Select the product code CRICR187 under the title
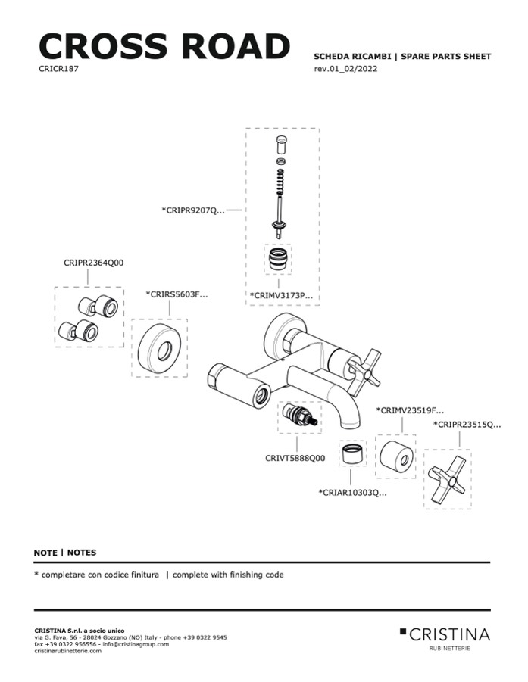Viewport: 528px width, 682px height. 59,68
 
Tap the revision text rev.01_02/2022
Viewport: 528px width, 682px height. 345,69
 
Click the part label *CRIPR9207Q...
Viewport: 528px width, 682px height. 193,210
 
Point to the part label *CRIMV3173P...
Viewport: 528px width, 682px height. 281,295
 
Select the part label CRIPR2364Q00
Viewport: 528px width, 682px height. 94,263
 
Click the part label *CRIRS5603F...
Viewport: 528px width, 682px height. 177,294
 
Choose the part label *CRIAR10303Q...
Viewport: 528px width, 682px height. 352,493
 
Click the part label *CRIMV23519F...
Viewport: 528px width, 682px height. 410,410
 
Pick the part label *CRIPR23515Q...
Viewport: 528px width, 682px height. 467,425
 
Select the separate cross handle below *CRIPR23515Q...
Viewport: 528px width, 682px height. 447,479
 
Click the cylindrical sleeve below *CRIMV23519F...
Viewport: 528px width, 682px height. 395,457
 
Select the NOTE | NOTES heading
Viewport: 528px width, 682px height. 65,553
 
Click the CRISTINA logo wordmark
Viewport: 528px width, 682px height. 450,634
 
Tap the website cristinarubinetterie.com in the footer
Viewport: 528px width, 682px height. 67,651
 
